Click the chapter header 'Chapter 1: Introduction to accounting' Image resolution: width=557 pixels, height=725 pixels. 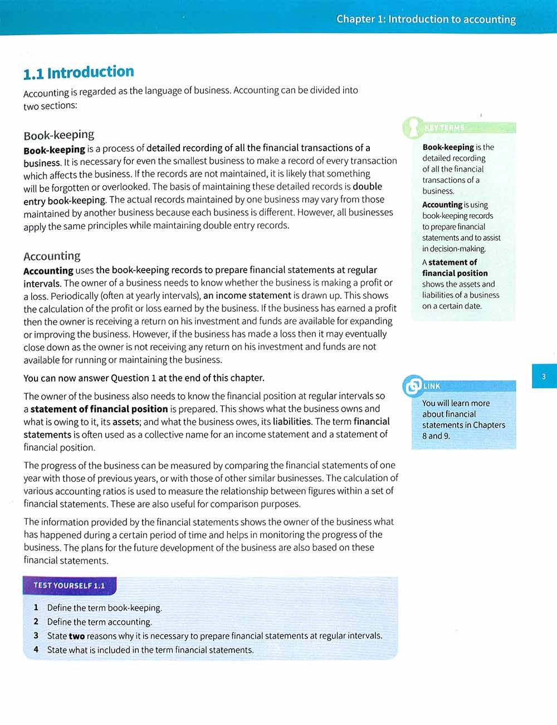click(426, 19)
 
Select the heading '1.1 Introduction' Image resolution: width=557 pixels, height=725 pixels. click(79, 72)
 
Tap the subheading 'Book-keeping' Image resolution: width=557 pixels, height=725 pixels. click(58, 134)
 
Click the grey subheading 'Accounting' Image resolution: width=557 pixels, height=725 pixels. click(52, 256)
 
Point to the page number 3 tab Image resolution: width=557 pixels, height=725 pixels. click(544, 376)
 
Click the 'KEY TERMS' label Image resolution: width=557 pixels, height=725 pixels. click(444, 128)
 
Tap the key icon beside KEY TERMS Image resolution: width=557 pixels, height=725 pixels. click(413, 128)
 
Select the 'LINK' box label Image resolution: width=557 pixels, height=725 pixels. click(432, 386)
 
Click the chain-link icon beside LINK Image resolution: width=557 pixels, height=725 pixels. click(413, 385)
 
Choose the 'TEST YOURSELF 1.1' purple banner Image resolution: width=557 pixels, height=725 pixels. click(69, 586)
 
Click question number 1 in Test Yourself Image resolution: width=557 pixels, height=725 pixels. click(36, 607)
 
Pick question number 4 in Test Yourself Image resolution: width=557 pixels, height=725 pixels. click(36, 649)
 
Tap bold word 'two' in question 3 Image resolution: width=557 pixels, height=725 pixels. click(77, 636)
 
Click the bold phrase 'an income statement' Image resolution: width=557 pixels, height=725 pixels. click(247, 296)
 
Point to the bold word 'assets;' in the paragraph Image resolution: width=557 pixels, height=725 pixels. click(126, 422)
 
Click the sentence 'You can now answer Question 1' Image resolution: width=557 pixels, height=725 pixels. click(144, 378)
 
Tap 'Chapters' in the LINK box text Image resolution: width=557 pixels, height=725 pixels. click(485, 425)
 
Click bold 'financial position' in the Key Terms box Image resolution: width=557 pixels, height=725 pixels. click(455, 273)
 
